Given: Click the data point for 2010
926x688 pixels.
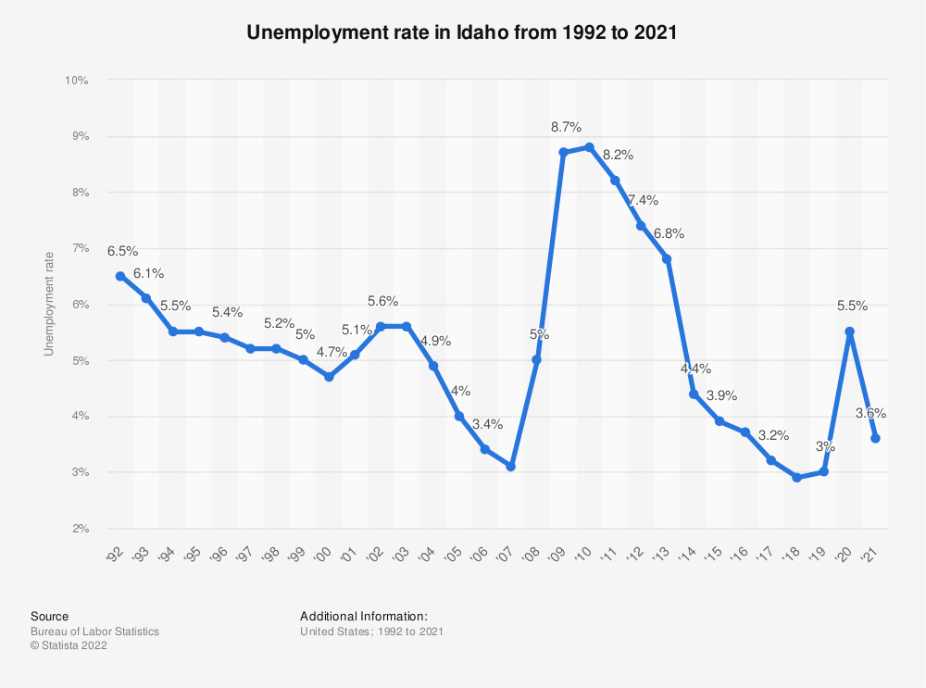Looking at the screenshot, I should pyautogui.click(x=589, y=147).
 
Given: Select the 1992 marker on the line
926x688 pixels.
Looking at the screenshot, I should pyautogui.click(x=120, y=276).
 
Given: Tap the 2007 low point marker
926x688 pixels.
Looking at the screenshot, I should pyautogui.click(x=511, y=467).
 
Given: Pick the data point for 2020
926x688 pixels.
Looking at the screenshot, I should pyautogui.click(x=850, y=331).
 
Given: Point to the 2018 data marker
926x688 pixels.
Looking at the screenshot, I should pyautogui.click(x=797, y=478).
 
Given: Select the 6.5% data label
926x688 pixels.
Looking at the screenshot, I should pyautogui.click(x=122, y=251).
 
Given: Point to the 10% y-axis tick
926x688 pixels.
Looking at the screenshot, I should pyautogui.click(x=76, y=81).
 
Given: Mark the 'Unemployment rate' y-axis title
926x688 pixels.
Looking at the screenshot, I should pyautogui.click(x=49, y=304).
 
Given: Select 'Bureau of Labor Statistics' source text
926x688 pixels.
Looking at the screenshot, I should pyautogui.click(x=94, y=632).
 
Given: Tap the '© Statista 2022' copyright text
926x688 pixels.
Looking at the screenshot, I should pyautogui.click(x=69, y=646).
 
